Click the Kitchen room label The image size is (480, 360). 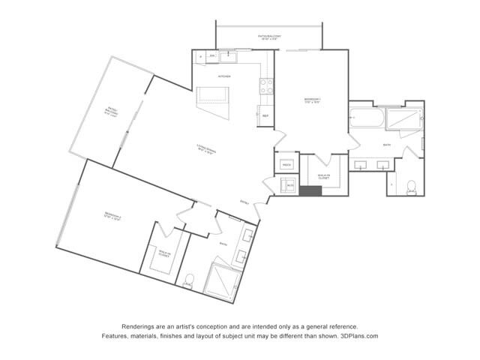pyautogui.click(x=224, y=76)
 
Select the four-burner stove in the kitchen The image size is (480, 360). pyautogui.click(x=266, y=86)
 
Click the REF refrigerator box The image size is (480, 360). pyautogui.click(x=265, y=115)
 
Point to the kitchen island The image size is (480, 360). pyautogui.click(x=212, y=96)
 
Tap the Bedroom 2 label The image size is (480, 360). pyautogui.click(x=112, y=217)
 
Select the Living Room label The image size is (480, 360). pyautogui.click(x=206, y=148)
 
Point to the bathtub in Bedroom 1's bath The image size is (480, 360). pyautogui.click(x=367, y=118)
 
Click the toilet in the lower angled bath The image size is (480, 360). pyautogui.click(x=188, y=281)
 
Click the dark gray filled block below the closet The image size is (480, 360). pyautogui.click(x=310, y=190)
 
